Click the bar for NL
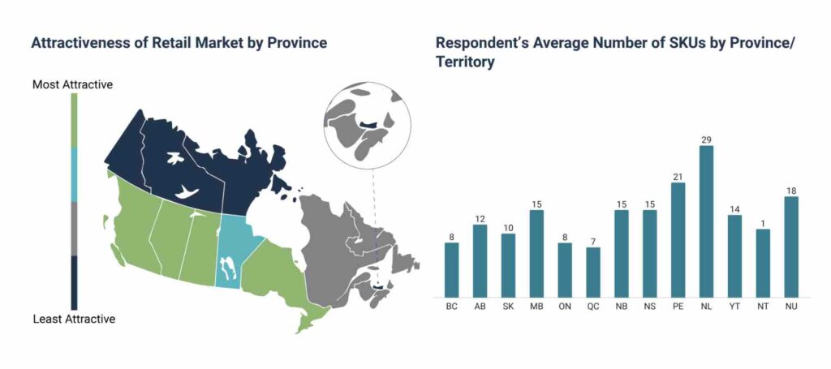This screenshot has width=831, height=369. point(706,221)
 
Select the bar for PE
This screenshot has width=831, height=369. point(678,240)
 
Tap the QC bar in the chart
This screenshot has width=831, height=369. point(593,272)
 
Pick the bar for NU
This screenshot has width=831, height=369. point(791,247)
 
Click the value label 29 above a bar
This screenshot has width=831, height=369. point(706,139)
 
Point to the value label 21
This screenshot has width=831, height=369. point(678,177)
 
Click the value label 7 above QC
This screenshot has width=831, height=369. point(593,242)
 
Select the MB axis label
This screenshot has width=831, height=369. point(536,307)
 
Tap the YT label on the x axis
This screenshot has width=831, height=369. point(734,307)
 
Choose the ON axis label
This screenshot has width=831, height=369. point(565,307)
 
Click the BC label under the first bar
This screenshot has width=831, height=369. point(451,307)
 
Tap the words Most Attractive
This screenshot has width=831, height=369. point(72,84)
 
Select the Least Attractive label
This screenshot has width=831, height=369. point(74,320)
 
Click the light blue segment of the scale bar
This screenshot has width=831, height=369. point(74,174)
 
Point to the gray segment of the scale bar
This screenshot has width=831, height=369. point(74,229)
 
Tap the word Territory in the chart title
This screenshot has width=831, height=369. point(465,62)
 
